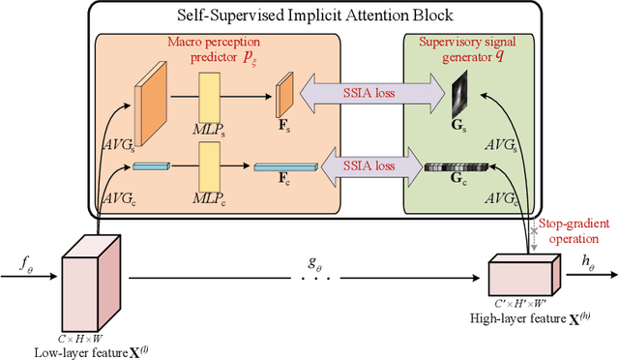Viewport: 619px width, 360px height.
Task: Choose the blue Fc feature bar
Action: pyautogui.click(x=285, y=167)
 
